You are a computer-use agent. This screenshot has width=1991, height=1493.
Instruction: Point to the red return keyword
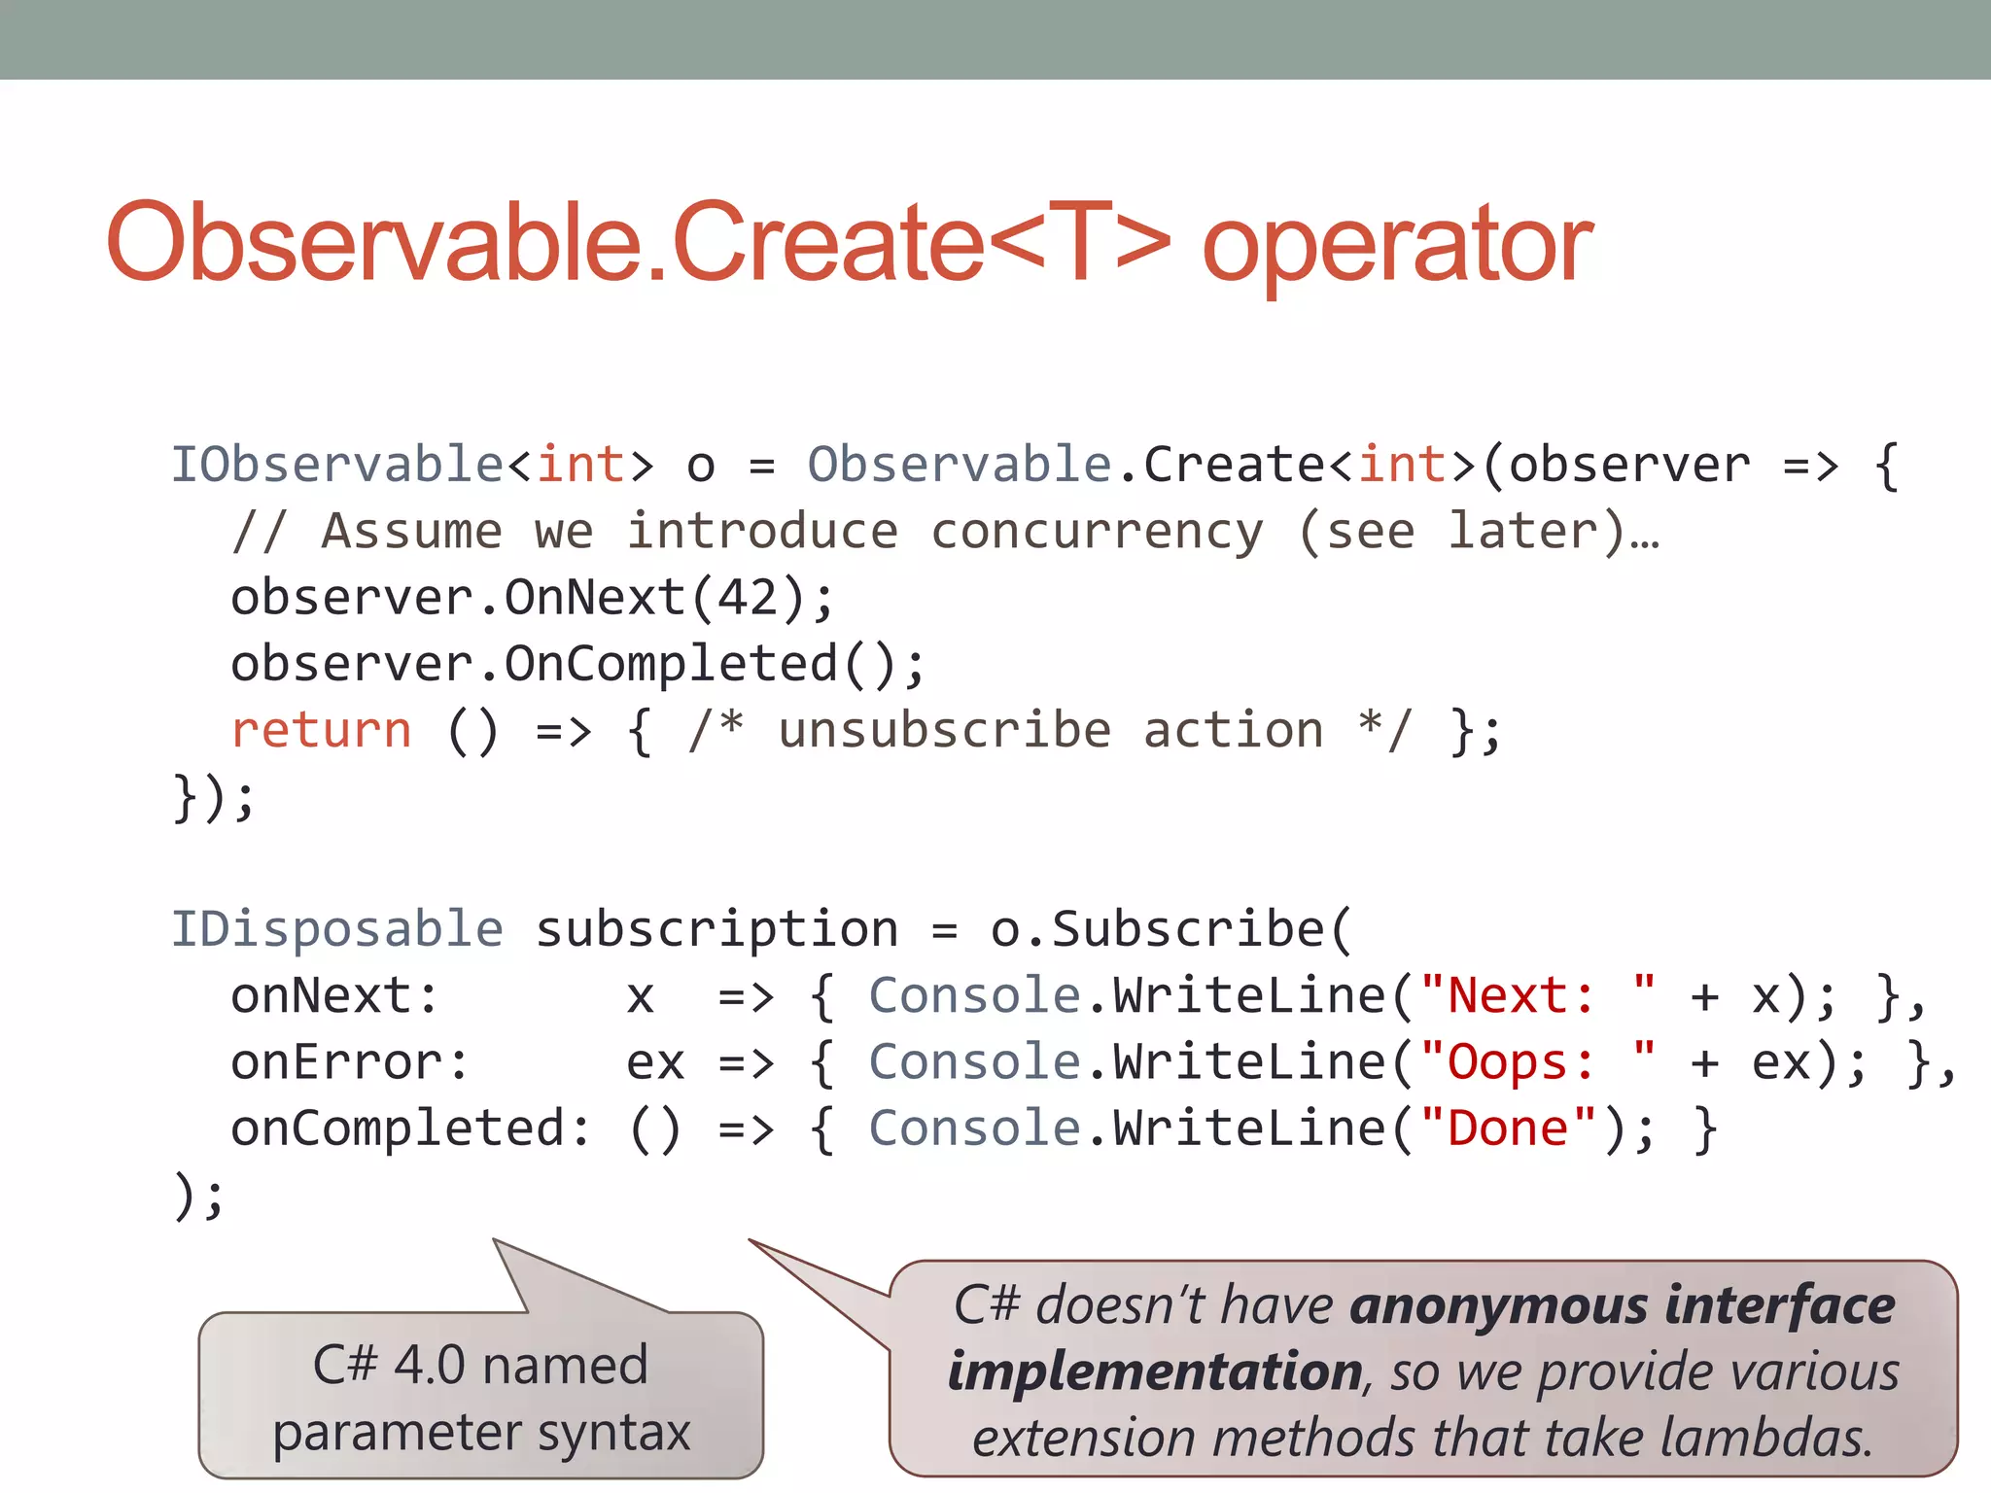pyautogui.click(x=322, y=730)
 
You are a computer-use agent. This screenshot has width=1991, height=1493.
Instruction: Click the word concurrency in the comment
pyautogui.click(x=1098, y=532)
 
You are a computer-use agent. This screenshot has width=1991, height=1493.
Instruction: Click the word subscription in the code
pyautogui.click(x=716, y=929)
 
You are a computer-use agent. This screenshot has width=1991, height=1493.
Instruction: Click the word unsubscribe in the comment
pyautogui.click(x=944, y=730)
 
